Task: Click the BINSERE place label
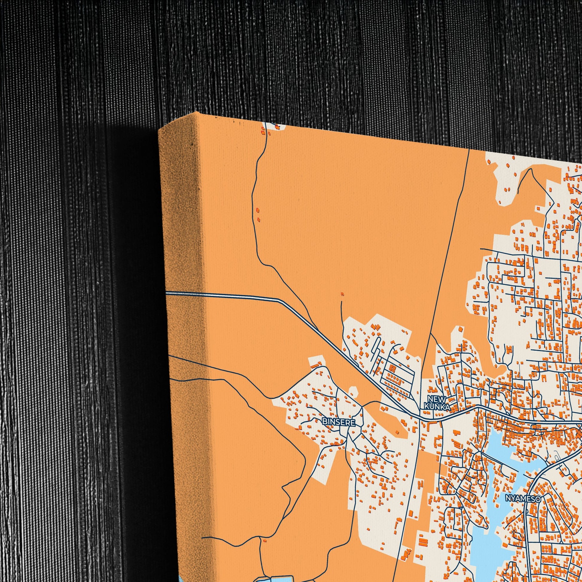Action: click(x=339, y=422)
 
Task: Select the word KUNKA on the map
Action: click(x=437, y=407)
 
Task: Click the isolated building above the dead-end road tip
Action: click(x=342, y=294)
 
